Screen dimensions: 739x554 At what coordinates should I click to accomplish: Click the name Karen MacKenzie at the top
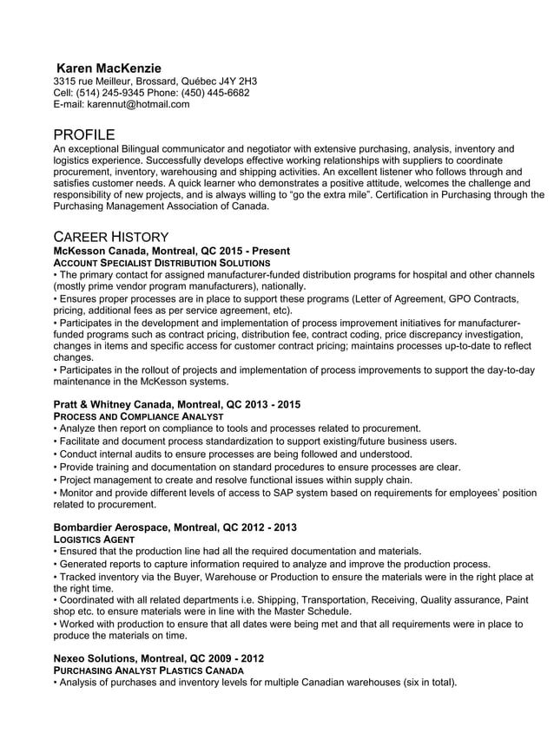coord(109,68)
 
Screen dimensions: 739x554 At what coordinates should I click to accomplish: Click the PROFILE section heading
coord(83,134)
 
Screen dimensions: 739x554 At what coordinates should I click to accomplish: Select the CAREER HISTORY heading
coord(110,237)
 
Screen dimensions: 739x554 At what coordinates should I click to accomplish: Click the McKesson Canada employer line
coord(171,251)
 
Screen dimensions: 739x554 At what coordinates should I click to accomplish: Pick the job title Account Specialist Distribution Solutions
coord(162,262)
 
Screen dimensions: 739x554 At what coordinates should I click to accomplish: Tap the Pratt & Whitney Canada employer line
coord(177,405)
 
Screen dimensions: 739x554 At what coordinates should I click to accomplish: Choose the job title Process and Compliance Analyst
coord(138,416)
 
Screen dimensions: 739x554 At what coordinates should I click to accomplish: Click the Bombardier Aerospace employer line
coord(175,527)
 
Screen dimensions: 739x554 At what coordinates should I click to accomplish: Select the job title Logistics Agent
coord(94,539)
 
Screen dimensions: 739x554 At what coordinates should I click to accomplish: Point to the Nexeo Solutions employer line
coord(159,658)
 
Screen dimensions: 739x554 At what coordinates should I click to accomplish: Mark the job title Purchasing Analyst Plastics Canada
coord(148,670)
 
